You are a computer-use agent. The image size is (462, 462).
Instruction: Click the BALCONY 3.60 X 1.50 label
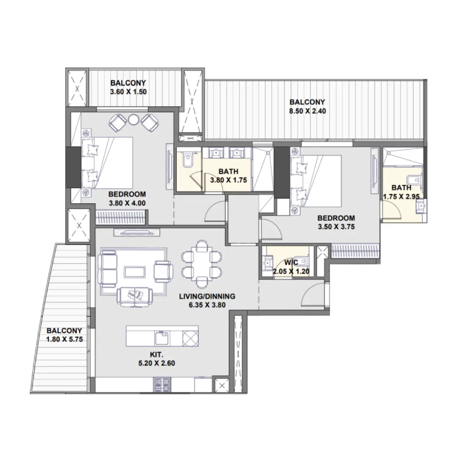pyautogui.click(x=128, y=87)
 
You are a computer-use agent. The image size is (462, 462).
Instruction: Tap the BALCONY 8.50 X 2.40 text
pyautogui.click(x=307, y=107)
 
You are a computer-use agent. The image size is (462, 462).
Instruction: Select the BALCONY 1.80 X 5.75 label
pyautogui.click(x=64, y=335)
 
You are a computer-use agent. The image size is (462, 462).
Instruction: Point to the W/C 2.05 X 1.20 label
pyautogui.click(x=291, y=267)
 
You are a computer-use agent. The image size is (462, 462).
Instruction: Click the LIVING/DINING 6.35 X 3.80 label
pyautogui.click(x=207, y=300)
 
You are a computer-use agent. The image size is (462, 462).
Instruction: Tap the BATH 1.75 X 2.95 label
pyautogui.click(x=402, y=192)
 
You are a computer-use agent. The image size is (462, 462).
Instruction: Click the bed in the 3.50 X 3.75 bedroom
pyautogui.click(x=315, y=181)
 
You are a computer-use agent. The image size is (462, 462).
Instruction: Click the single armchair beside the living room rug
pyautogui.click(x=163, y=271)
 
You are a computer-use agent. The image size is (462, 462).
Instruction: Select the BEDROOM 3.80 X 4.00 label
pyautogui.click(x=127, y=198)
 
